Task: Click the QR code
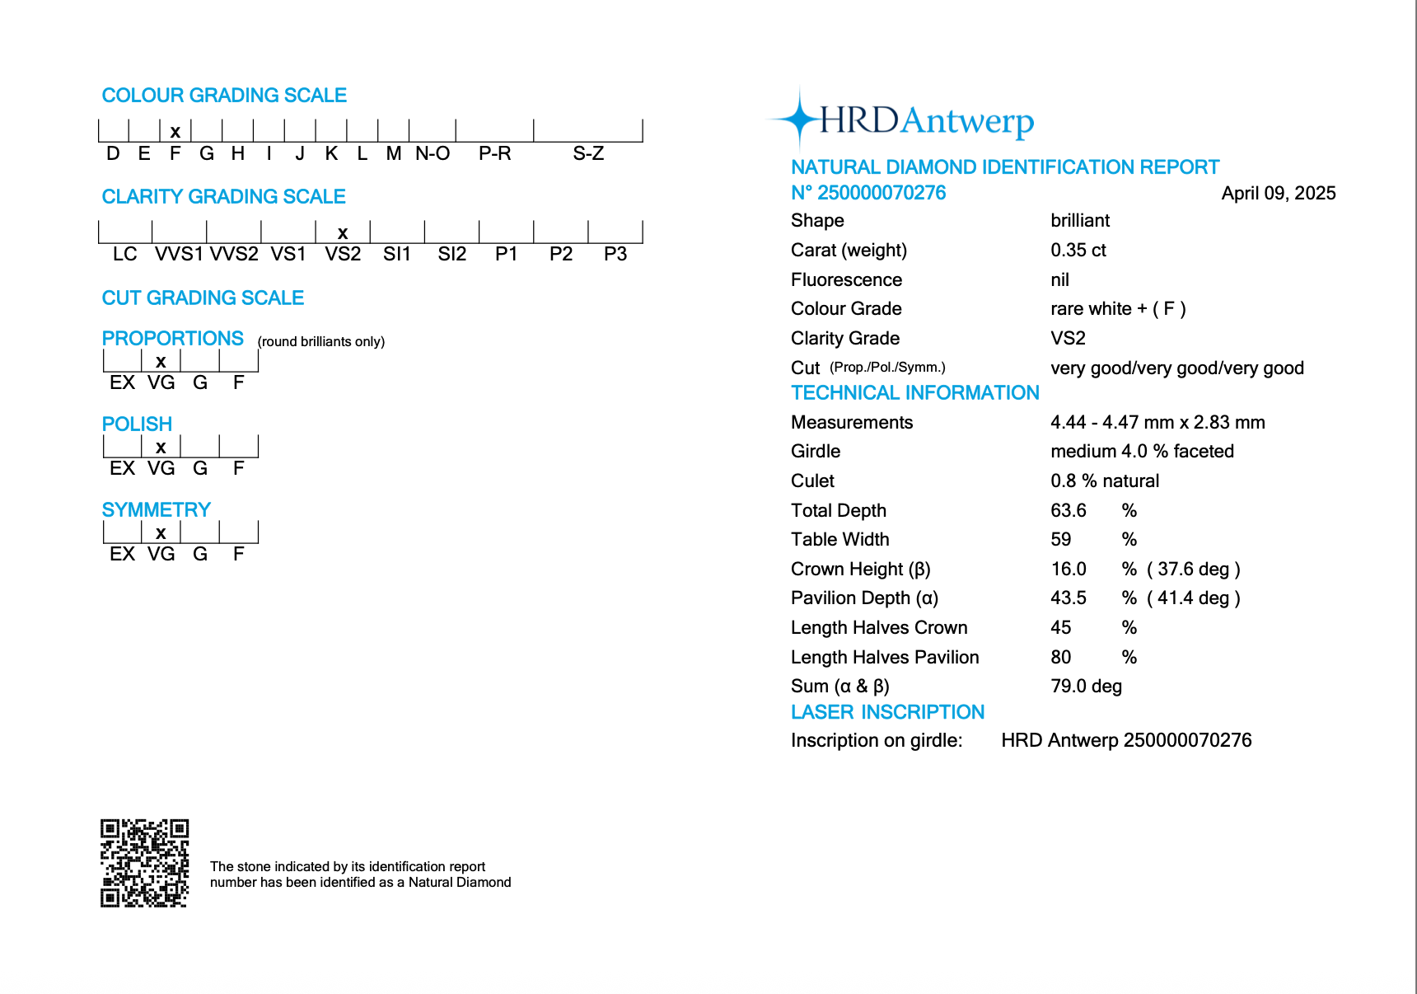(145, 863)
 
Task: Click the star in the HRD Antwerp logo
(798, 120)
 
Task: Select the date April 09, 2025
(1278, 193)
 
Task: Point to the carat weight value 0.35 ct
(1078, 250)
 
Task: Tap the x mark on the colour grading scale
(175, 132)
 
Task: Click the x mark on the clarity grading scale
(343, 233)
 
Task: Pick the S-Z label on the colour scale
(588, 153)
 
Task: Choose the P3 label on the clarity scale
(615, 254)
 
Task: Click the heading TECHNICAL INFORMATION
(914, 392)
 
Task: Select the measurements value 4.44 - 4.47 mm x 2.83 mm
(1157, 422)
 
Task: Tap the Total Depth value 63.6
(1068, 510)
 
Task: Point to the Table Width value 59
(1060, 539)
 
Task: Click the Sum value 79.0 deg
(1086, 686)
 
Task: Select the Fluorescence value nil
(1059, 279)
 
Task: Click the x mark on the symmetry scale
(161, 533)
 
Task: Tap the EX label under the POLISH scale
(122, 468)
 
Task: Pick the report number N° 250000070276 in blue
(868, 193)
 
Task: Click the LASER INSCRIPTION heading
(887, 711)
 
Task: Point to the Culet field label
(812, 481)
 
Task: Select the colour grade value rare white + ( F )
(1118, 308)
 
